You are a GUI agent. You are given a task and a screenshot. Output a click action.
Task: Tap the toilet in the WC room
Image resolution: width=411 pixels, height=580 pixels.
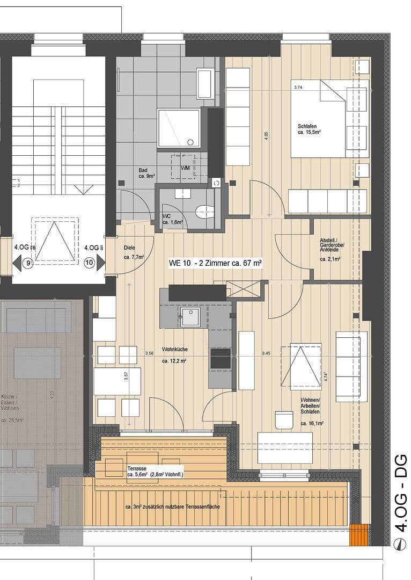[204, 211]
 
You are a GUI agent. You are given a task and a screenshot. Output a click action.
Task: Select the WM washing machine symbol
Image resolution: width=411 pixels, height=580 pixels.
[185, 168]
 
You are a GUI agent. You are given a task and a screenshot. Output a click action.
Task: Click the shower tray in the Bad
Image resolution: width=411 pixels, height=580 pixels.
[179, 128]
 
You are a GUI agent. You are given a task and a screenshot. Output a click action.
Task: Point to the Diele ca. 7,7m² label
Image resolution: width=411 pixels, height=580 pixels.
[133, 252]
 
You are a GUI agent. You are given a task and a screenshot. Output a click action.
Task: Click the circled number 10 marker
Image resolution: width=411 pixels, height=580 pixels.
[89, 263]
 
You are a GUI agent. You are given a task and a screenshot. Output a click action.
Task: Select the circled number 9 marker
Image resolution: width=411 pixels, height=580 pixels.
[29, 263]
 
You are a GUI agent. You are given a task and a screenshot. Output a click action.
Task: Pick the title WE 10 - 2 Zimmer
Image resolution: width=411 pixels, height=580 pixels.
[215, 263]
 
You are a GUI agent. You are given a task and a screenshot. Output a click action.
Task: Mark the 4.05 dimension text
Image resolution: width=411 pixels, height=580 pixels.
[266, 136]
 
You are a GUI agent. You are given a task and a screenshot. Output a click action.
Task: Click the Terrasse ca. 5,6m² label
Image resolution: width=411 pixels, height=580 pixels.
[155, 472]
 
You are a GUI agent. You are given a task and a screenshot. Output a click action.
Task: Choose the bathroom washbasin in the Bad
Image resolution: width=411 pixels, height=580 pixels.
[205, 84]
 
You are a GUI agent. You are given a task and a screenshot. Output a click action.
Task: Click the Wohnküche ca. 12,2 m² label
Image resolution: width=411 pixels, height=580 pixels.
[174, 355]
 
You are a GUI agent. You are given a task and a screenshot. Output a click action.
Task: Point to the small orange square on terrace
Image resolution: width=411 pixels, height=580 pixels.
[359, 535]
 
